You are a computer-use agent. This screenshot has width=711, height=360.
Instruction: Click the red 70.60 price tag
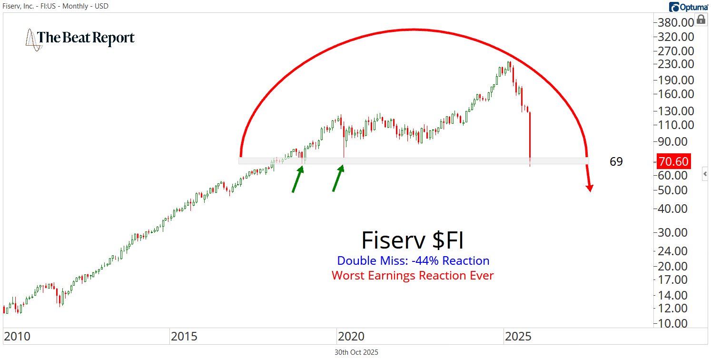pos(673,161)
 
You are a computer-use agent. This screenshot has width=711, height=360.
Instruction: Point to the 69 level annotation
pos(616,162)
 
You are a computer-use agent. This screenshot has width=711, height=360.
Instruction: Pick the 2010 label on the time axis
pos(17,337)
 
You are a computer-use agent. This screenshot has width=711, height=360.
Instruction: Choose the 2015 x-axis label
pos(184,337)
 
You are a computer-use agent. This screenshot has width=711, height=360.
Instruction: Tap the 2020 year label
pos(351,337)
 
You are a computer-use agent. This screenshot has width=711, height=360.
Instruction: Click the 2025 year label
pos(518,337)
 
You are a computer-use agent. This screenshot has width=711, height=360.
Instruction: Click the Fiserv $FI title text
pos(412,240)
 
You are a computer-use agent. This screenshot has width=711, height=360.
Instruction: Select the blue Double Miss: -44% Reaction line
pos(413,261)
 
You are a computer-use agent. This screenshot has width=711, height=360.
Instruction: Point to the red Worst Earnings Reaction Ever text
pos(413,275)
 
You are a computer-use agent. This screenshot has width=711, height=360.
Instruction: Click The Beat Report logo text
pos(86,38)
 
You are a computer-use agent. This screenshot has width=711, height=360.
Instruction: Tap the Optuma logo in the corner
pos(689,7)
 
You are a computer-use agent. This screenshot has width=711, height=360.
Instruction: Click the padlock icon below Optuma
pos(701,20)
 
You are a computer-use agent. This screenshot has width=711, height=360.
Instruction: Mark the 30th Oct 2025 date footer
pos(356,352)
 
